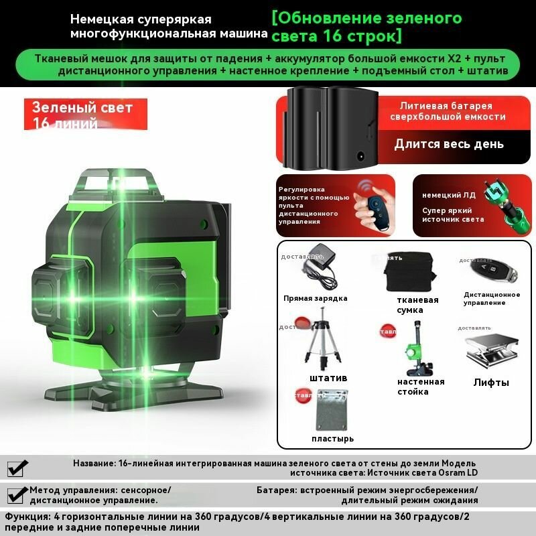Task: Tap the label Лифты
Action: point(491,383)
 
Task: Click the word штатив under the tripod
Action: point(328,378)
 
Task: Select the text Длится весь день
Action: point(449,144)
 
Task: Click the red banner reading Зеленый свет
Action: point(79,108)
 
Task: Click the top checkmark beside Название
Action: point(19,468)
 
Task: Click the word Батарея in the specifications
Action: point(277,490)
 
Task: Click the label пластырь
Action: point(333,439)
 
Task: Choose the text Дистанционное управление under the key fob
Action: point(492,298)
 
